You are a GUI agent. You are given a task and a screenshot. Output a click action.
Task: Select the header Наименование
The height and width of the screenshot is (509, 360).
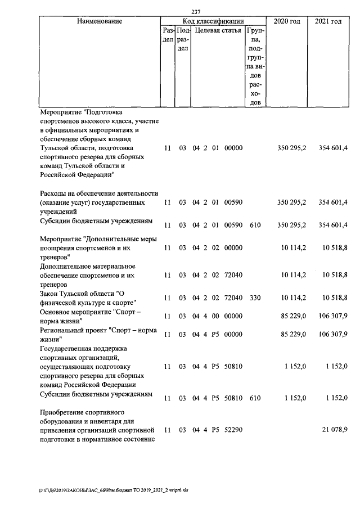100,21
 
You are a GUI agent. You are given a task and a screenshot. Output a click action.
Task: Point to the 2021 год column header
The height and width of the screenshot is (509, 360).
328,21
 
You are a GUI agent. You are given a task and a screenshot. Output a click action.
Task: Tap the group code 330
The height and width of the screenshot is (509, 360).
255,298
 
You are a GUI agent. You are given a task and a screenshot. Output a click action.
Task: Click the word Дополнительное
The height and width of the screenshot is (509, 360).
69,265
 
